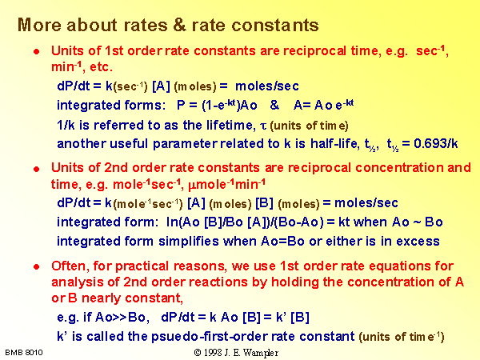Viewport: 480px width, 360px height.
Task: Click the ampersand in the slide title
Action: pos(179,25)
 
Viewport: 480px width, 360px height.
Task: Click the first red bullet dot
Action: pos(37,51)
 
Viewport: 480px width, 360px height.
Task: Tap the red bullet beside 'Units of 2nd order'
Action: pos(37,169)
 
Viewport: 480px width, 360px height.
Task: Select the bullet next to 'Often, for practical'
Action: pos(37,266)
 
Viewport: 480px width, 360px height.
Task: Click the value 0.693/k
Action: pos(436,143)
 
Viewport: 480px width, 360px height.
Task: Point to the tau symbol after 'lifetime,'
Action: pos(263,126)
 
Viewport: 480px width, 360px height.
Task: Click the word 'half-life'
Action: pos(335,143)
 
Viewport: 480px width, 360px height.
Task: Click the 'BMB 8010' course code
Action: pos(24,352)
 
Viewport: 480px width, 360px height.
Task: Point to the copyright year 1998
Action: pos(213,352)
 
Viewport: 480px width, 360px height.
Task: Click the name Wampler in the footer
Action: pos(261,353)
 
